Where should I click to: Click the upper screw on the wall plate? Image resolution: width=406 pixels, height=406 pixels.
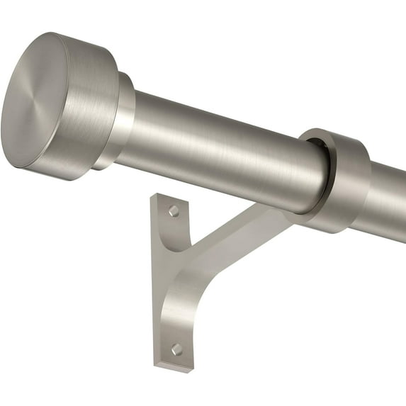(x=174, y=211)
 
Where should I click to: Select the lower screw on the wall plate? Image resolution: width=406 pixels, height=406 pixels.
(x=176, y=349)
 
